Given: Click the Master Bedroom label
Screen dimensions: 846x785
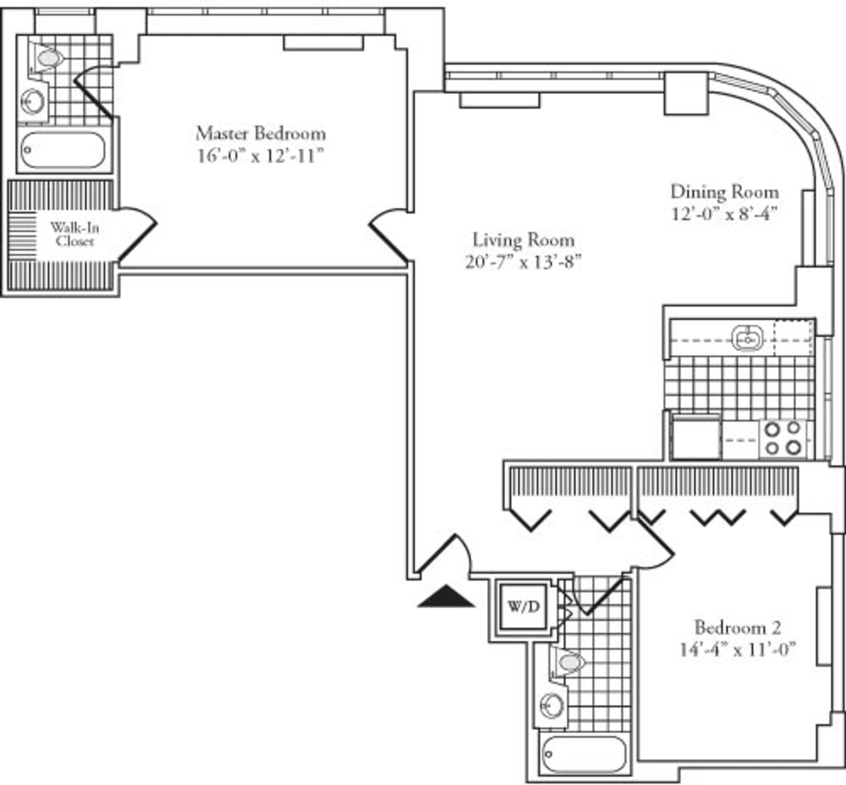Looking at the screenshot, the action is [x=261, y=134].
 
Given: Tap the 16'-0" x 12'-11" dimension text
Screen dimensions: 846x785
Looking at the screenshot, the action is [x=261, y=156].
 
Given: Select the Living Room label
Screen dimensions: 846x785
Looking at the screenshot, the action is [x=524, y=240].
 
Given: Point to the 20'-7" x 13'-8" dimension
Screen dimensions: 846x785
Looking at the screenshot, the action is [x=523, y=262].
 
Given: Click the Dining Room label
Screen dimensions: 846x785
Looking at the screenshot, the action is [x=725, y=192].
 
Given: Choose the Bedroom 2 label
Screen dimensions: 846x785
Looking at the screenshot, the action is [x=738, y=628].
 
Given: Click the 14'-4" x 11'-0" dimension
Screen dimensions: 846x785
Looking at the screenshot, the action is [x=738, y=650].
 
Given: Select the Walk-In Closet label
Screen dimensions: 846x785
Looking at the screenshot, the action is [x=75, y=234].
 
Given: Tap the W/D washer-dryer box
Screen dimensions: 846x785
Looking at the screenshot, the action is [x=524, y=607].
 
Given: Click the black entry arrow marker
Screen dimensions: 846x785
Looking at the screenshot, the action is [x=446, y=596].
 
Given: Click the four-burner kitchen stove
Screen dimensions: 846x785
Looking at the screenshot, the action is [x=783, y=440].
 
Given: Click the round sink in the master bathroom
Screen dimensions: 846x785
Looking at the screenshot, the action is [x=33, y=101].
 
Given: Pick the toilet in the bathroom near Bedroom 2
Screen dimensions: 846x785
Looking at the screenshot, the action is [x=568, y=662].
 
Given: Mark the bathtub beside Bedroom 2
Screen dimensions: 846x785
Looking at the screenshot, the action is [x=584, y=754].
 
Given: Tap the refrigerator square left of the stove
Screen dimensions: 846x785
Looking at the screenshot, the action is [x=696, y=439].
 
